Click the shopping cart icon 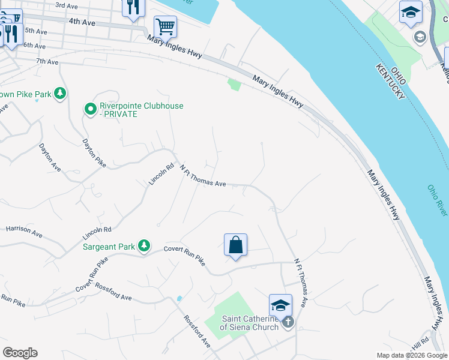tap(165, 26)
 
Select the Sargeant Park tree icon tap(143, 245)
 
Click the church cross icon tap(288, 322)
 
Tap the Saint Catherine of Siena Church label tap(250, 323)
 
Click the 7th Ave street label tap(47, 61)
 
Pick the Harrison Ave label tap(24, 231)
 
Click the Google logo tap(19, 353)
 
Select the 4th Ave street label tap(82, 22)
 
